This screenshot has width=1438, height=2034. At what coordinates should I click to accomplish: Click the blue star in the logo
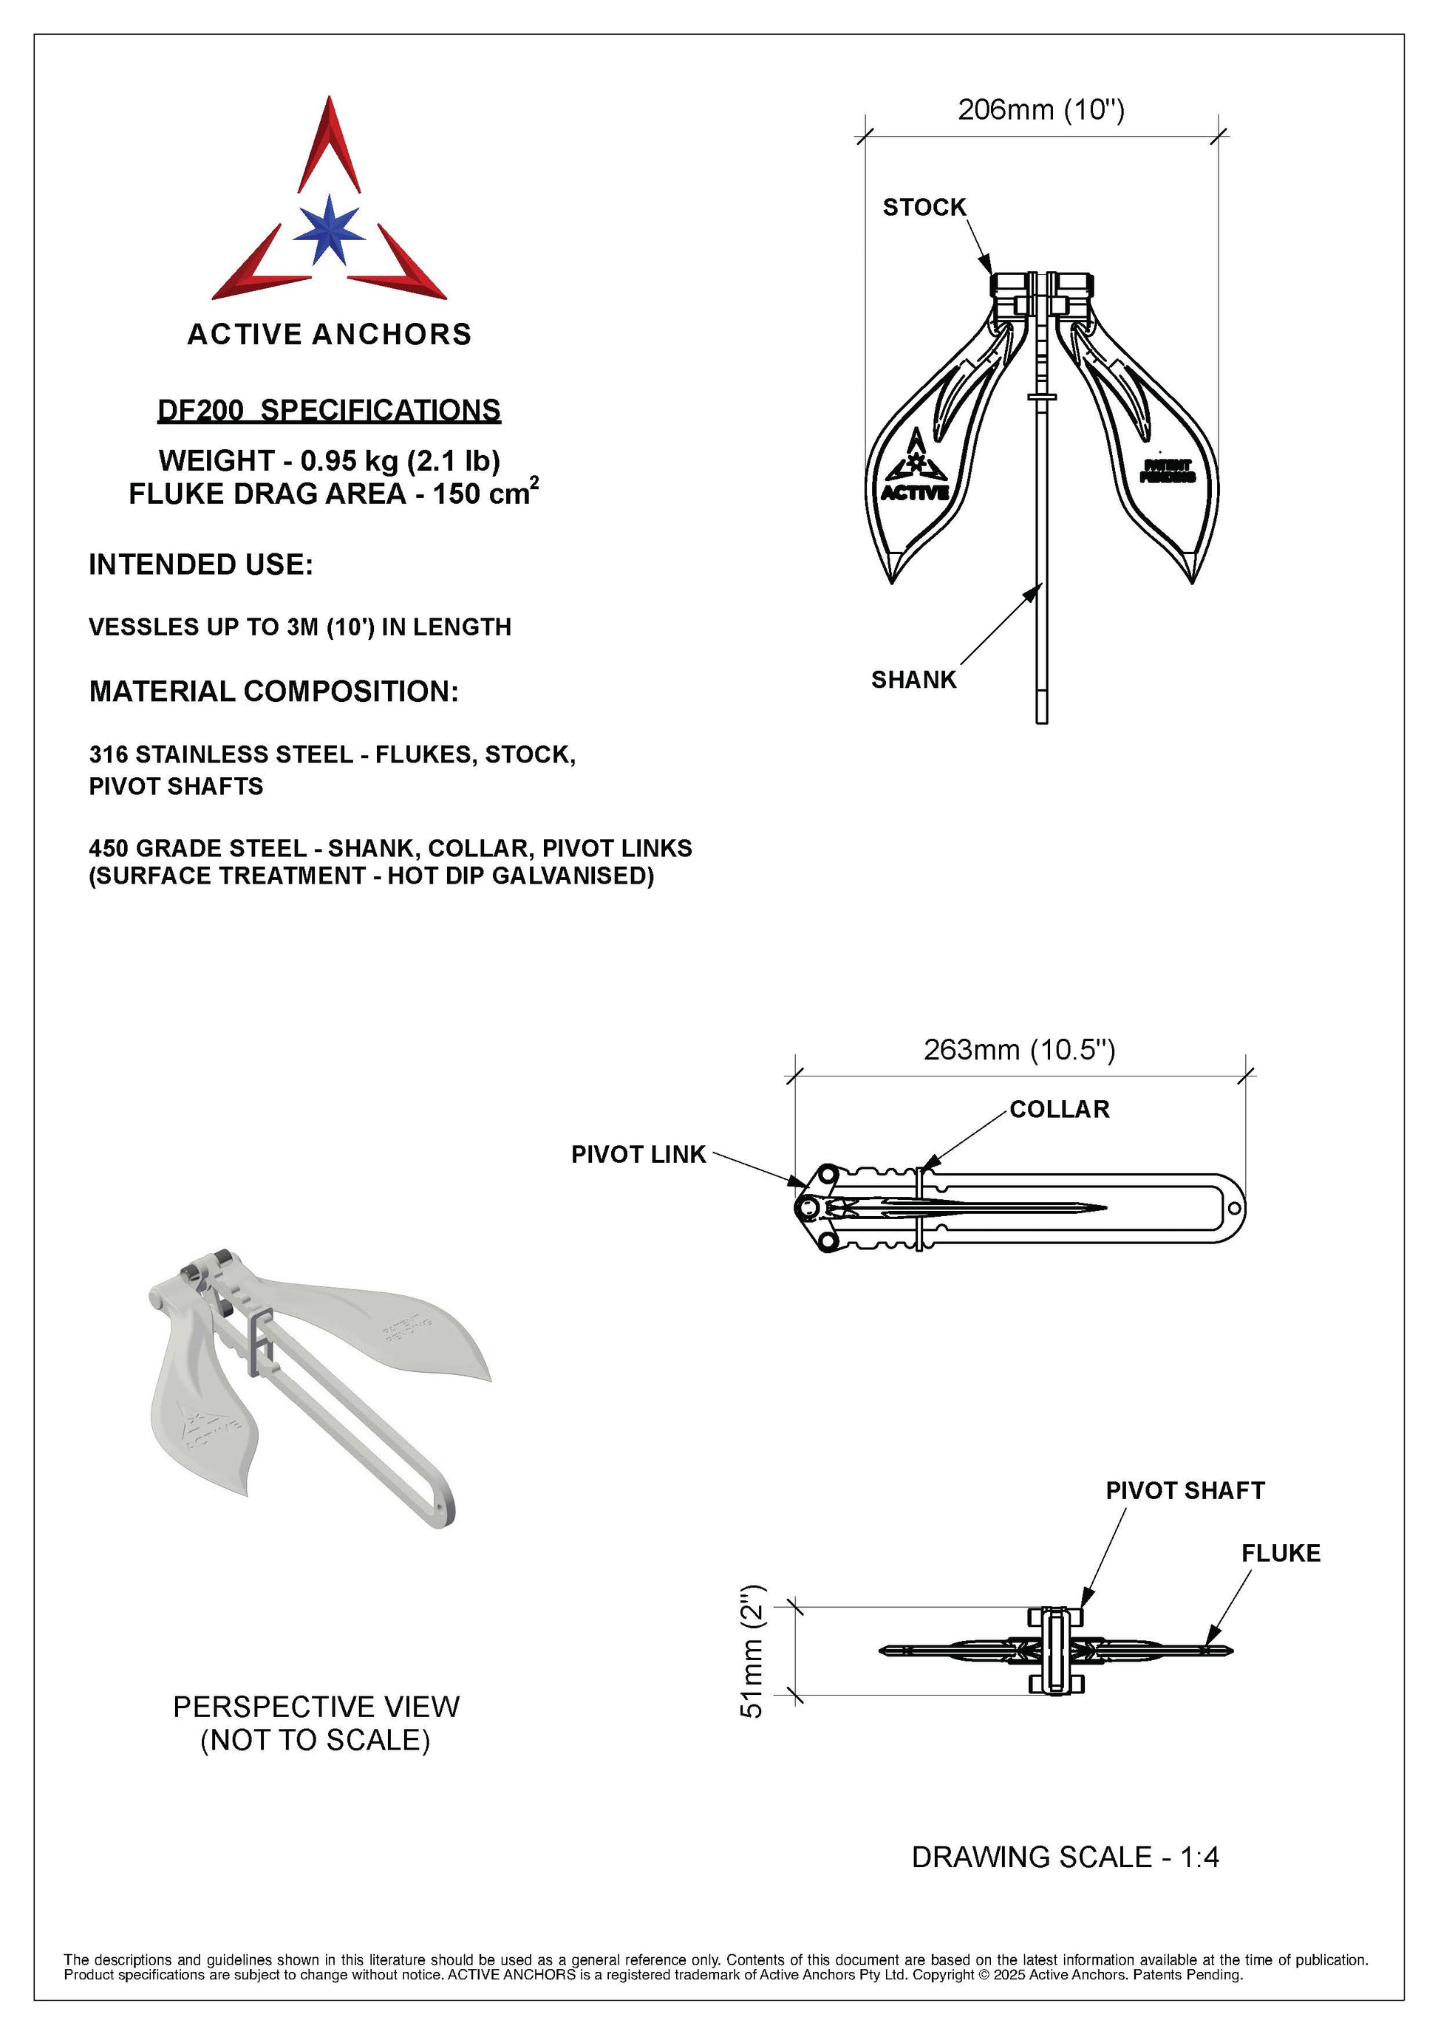329,231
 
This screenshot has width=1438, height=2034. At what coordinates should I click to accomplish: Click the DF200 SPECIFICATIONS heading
329,410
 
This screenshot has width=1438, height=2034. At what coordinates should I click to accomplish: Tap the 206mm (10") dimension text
1040,110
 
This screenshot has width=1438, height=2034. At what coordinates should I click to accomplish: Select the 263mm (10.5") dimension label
1019,1050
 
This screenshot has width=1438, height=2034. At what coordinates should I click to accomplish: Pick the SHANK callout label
913,680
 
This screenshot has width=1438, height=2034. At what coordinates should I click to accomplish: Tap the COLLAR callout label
1059,1109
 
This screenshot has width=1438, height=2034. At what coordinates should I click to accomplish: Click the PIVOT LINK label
638,1154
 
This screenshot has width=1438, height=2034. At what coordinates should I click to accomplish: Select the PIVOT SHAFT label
1185,1490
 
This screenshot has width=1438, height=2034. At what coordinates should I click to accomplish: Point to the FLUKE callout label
1281,1553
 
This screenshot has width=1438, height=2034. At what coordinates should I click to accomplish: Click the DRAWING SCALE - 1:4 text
1065,1857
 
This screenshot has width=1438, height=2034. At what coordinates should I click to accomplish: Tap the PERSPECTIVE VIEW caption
316,1706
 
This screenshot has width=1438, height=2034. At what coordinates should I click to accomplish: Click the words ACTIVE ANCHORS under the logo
329,334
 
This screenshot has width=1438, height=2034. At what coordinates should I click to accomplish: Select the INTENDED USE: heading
200,564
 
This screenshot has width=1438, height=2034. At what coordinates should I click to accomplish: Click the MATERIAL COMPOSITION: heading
273,691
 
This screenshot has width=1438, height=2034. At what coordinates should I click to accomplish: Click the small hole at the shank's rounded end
1233,1208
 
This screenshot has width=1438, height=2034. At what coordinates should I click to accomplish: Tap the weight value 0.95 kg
329,461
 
